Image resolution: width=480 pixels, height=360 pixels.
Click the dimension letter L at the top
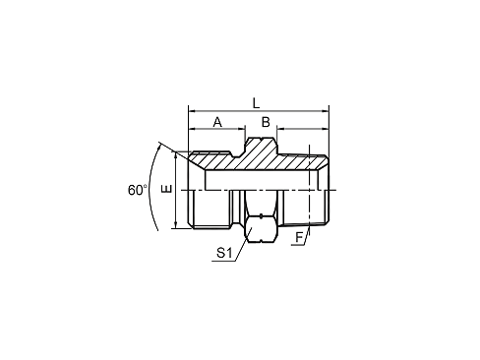coord(257,102)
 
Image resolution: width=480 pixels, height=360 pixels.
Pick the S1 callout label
coord(223,253)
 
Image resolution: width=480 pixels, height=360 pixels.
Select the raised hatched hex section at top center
coord(261,151)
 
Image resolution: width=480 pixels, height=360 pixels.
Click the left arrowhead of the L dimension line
coord(191,110)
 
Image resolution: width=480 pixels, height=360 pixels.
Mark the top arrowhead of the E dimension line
coord(176,154)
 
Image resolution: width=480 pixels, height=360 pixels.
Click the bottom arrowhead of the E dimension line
coord(176,224)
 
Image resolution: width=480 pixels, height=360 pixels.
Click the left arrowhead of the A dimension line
coord(191,129)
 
